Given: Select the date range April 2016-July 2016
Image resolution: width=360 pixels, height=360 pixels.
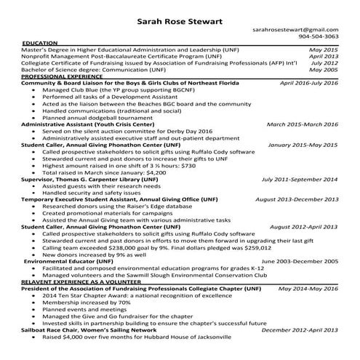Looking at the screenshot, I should click(309, 83).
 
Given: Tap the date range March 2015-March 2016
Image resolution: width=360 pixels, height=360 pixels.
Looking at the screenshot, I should click(303, 124).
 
